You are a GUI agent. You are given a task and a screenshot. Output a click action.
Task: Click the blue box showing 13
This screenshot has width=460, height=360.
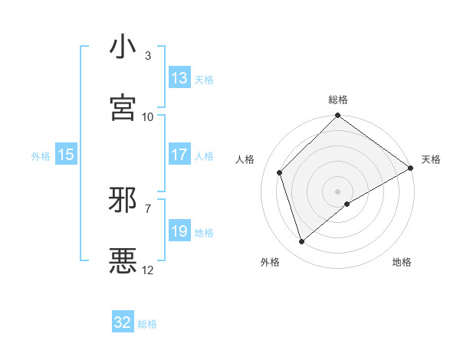tap(179, 78)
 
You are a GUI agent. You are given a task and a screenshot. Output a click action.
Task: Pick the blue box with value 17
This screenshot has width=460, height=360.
tap(179, 155)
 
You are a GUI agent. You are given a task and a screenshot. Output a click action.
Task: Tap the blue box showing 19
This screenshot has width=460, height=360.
tap(179, 231)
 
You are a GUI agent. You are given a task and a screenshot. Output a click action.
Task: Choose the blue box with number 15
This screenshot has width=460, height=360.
tap(66, 155)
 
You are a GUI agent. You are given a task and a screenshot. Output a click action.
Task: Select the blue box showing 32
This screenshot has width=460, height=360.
tap(123, 322)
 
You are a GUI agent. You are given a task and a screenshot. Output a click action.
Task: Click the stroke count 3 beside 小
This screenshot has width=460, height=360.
tap(148, 56)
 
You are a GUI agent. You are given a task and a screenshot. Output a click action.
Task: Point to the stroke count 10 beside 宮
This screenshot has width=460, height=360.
tap(148, 116)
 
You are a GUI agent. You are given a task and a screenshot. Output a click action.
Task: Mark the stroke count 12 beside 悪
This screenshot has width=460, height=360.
tap(148, 270)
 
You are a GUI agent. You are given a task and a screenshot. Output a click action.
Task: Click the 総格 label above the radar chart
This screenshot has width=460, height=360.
tap(338, 100)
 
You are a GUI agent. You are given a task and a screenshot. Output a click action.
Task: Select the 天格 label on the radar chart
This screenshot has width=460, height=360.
tap(431, 159)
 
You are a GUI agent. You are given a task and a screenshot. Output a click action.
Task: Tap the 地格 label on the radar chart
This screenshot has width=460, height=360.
tap(402, 263)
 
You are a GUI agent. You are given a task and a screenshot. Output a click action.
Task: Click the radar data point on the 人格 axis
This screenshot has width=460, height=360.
tap(280, 172)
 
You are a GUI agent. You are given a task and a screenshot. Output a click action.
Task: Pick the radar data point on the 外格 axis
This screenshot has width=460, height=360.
tap(302, 241)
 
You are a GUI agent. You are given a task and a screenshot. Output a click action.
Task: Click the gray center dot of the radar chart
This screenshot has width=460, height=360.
tap(338, 191)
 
